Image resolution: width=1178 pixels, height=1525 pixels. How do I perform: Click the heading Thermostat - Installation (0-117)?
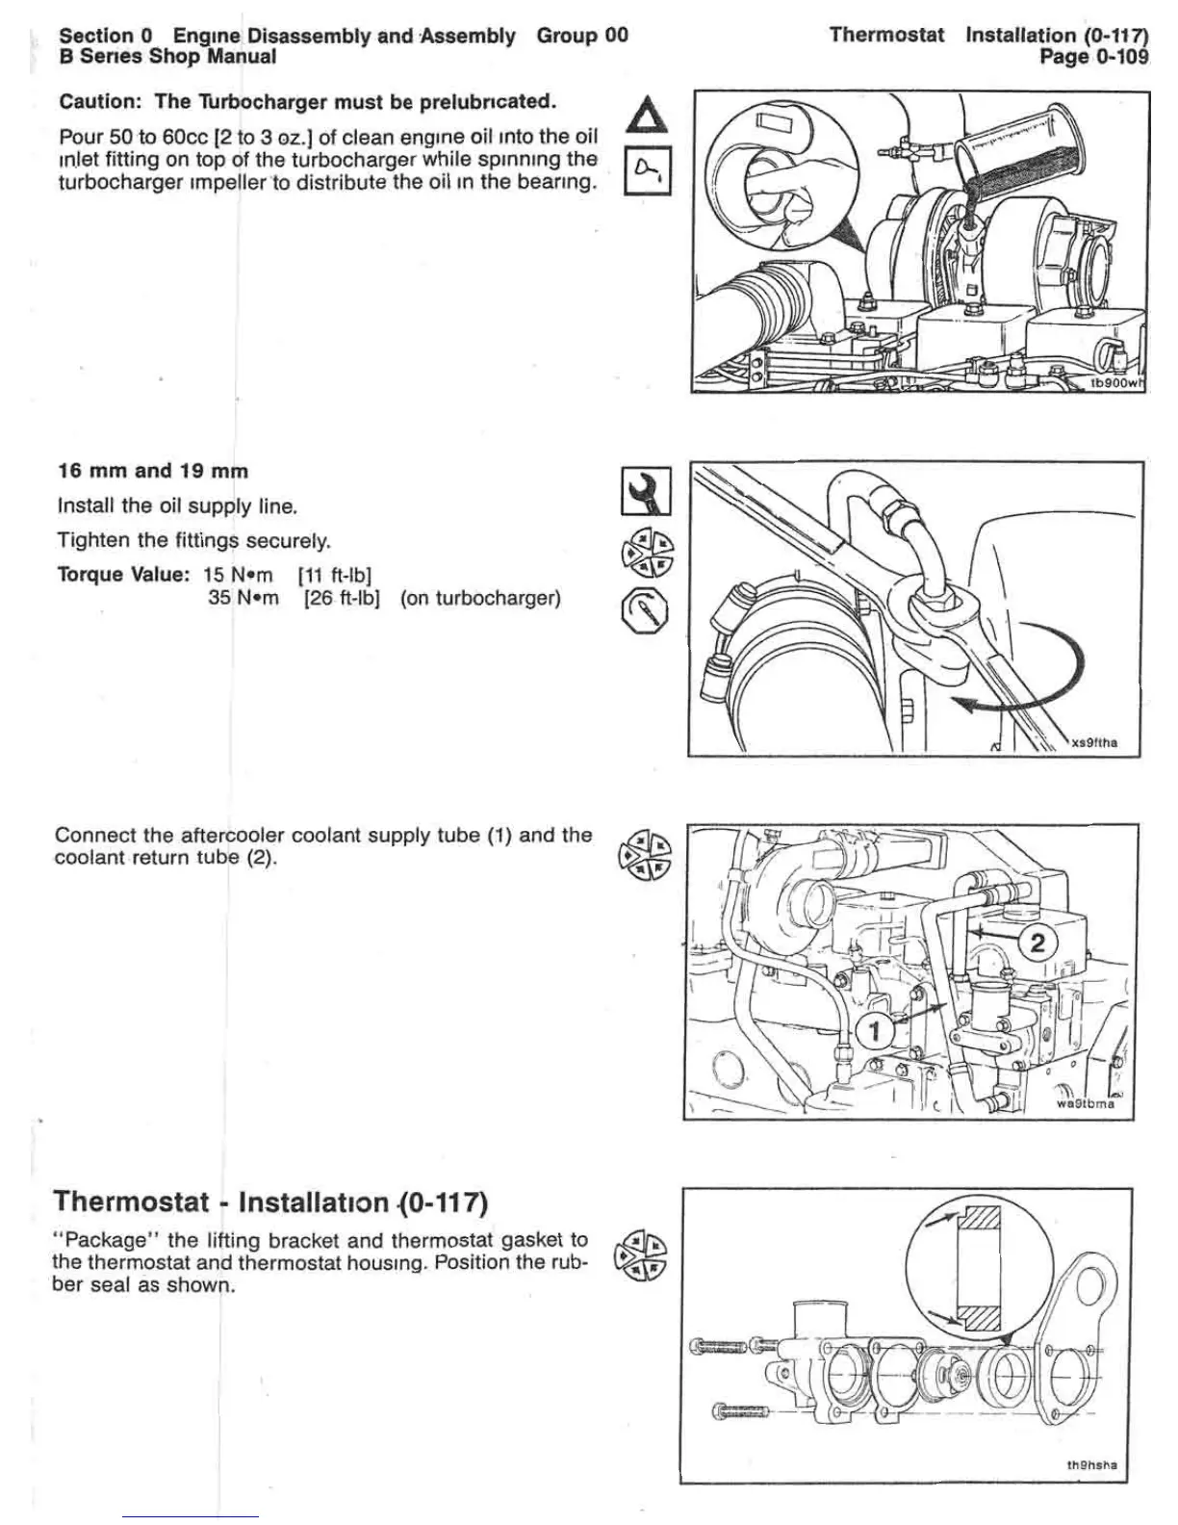(271, 1202)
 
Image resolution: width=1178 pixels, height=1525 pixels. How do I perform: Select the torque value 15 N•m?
(238, 575)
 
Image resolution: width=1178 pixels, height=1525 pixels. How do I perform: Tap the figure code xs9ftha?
(1094, 742)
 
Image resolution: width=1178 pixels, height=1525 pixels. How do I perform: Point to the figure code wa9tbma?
(1086, 1103)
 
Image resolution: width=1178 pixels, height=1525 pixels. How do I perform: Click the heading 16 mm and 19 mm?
(153, 471)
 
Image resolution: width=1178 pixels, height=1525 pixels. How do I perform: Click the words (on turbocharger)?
(480, 598)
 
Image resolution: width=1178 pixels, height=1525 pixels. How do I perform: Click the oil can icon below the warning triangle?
(647, 171)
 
